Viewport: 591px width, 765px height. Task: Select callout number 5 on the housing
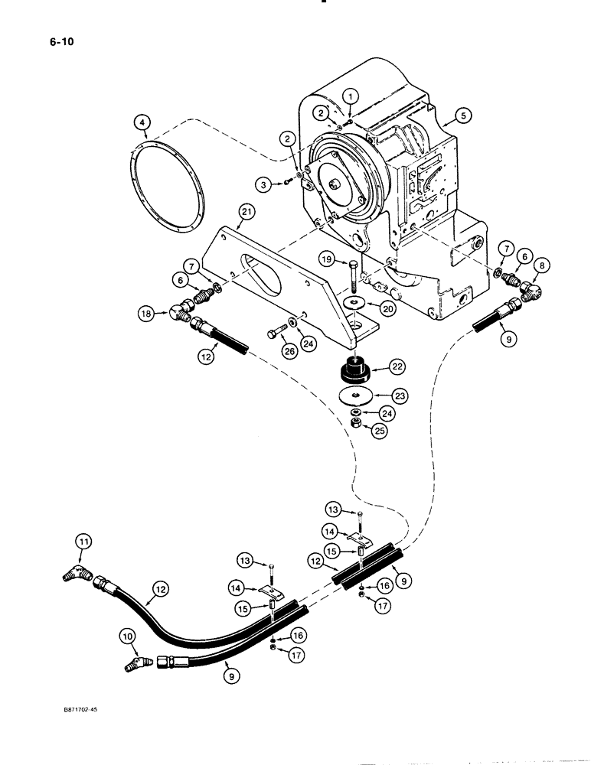pos(462,116)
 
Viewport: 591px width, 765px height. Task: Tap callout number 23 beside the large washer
pos(401,396)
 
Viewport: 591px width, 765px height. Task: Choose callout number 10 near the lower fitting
pos(127,636)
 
